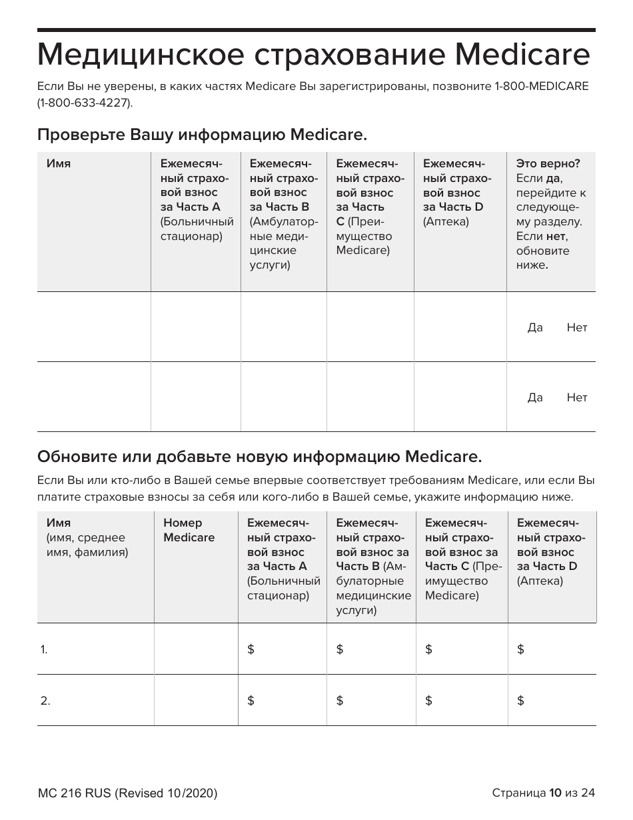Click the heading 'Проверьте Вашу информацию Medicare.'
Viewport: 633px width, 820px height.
click(x=202, y=135)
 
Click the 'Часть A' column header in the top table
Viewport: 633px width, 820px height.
click(x=190, y=207)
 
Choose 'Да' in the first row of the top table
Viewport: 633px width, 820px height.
click(x=535, y=327)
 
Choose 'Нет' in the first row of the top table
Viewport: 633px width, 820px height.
click(x=577, y=327)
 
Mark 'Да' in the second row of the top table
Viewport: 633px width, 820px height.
click(x=535, y=397)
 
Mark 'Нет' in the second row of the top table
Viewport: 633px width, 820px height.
click(x=577, y=397)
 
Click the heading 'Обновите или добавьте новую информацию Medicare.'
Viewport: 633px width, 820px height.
click(x=259, y=457)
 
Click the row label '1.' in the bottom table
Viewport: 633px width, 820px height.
click(x=44, y=649)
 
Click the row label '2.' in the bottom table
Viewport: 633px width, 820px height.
click(x=45, y=701)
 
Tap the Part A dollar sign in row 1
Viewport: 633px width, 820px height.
click(x=251, y=649)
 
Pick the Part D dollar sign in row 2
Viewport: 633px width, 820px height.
click(x=520, y=701)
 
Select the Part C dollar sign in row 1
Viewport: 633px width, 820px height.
click(x=428, y=649)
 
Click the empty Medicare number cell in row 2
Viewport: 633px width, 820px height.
click(x=196, y=700)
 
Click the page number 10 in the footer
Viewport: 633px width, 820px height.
click(x=556, y=793)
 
